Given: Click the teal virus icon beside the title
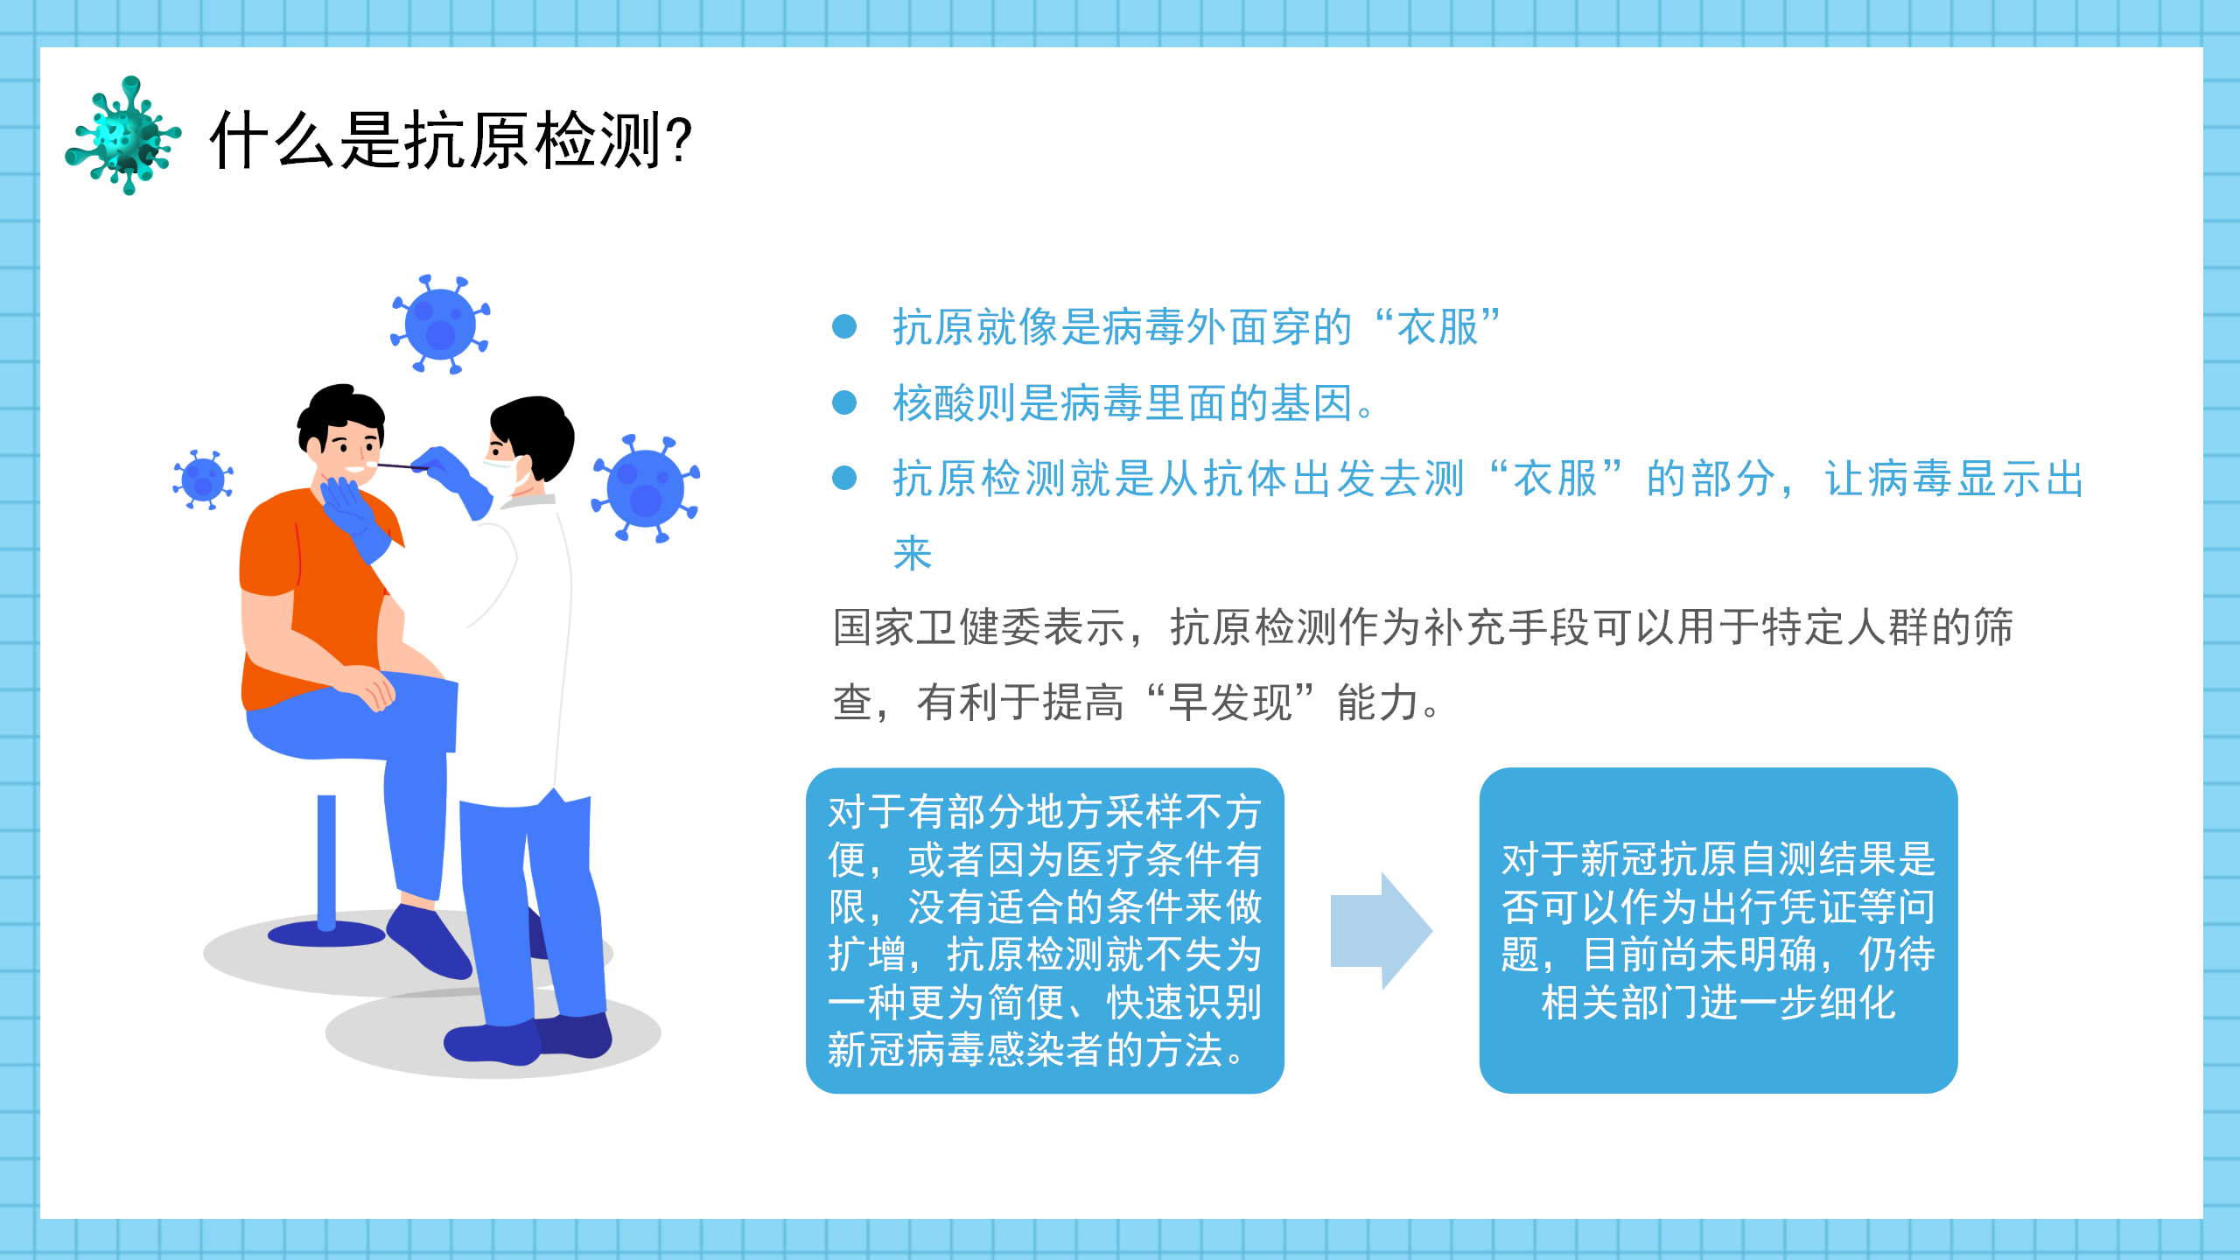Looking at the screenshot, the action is [124, 136].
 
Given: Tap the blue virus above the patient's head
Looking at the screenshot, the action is [440, 325].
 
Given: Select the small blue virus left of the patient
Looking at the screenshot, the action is [203, 479].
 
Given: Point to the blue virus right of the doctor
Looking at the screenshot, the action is [646, 488].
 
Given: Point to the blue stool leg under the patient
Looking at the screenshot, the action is [326, 862].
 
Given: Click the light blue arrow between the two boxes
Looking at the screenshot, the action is [1381, 931].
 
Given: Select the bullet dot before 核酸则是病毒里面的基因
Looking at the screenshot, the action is [844, 402].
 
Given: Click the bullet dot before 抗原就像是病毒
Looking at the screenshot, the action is [844, 326].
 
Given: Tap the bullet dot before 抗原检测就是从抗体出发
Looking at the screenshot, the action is [844, 478].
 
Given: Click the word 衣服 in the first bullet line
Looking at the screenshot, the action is [1438, 327].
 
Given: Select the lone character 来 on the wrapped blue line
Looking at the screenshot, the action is [913, 554].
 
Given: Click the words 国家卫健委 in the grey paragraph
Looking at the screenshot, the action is [937, 627].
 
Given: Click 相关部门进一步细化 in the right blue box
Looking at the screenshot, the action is [1718, 1003].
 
